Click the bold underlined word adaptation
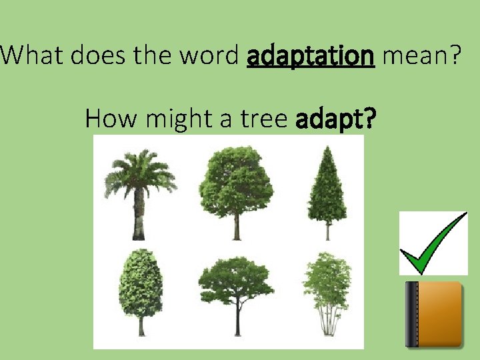click(x=310, y=57)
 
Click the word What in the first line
click(x=32, y=57)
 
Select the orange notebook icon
click(x=434, y=314)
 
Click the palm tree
click(x=139, y=190)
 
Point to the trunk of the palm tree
click(x=139, y=217)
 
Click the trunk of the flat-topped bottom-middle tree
click(x=237, y=320)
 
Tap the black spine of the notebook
click(x=411, y=315)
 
